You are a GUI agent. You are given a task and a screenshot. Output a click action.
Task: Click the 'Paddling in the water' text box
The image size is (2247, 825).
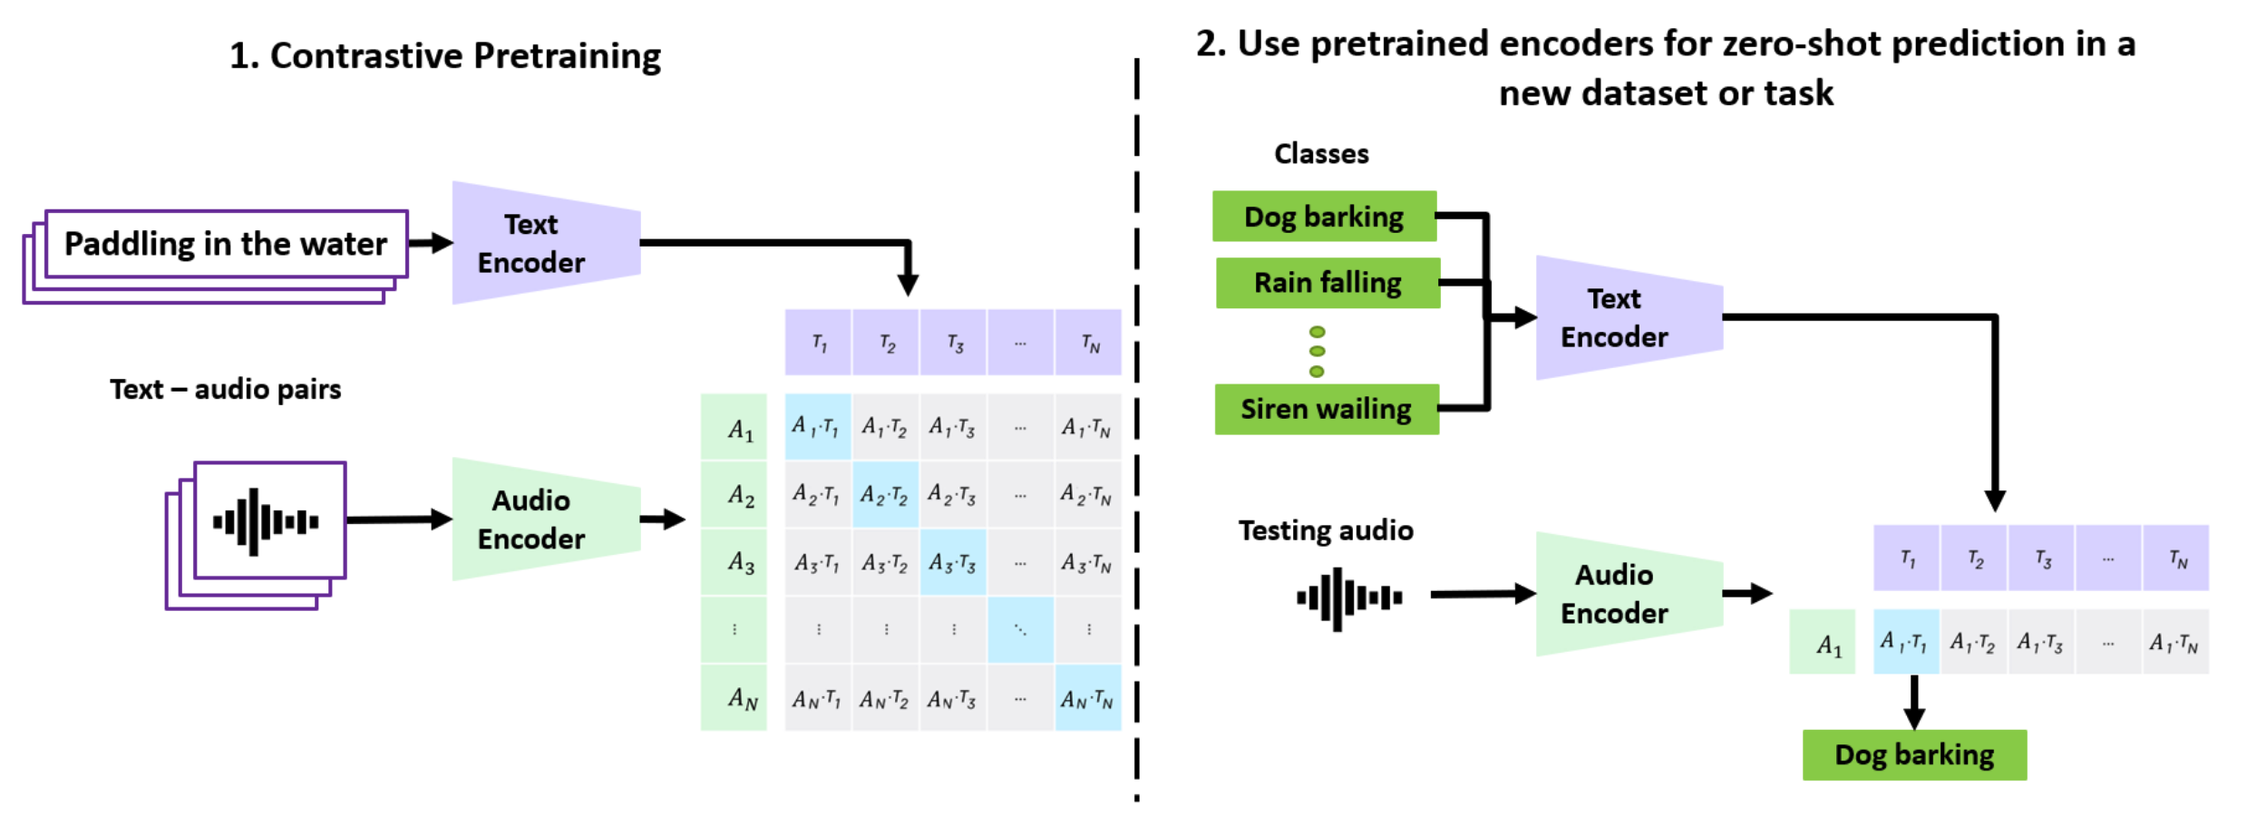(226, 244)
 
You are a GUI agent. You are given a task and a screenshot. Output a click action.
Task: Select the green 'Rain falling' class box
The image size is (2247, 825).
(1328, 283)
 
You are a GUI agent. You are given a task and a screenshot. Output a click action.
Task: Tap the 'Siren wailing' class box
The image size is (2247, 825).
(1327, 409)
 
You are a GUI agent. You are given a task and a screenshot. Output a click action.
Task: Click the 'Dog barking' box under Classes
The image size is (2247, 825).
(1324, 217)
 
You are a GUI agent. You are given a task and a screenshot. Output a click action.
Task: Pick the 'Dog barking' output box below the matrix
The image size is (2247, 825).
(1914, 754)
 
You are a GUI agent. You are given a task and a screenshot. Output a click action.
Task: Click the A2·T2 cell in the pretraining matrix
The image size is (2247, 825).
(885, 494)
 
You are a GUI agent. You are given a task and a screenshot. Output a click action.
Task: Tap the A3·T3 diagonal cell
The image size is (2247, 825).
(953, 563)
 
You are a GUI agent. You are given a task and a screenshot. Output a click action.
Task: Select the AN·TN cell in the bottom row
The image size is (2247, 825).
(1088, 698)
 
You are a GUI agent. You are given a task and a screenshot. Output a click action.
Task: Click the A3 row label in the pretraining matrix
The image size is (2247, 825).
(734, 563)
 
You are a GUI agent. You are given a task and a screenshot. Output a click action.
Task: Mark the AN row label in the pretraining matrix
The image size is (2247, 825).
(734, 698)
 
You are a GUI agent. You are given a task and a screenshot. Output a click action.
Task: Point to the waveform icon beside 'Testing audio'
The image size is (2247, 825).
(1349, 597)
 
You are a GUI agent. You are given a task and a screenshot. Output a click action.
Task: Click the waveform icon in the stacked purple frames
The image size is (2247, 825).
(266, 521)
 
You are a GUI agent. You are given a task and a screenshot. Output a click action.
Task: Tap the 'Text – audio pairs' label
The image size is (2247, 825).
(226, 389)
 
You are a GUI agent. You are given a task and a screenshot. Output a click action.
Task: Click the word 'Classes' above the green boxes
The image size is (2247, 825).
(1321, 154)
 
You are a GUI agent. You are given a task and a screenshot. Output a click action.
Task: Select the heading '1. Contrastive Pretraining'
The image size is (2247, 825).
(445, 56)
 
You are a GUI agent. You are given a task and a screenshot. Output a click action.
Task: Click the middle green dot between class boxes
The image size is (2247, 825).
(1318, 352)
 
